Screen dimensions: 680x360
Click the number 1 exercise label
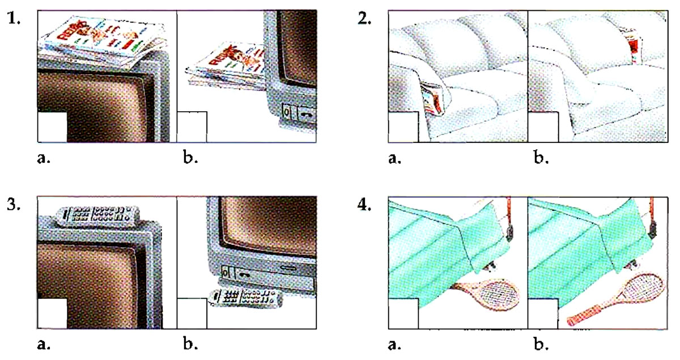pos(14,19)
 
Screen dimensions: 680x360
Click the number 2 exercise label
pos(364,19)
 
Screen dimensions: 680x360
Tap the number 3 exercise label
pos(14,205)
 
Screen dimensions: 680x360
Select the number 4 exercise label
pos(364,205)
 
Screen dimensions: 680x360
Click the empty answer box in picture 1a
pos(52,127)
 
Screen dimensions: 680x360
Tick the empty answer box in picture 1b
pos(192,127)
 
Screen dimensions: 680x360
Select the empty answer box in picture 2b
pos(543,127)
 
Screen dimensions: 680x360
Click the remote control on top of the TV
pos(97,217)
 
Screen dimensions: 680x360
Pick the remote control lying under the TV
pos(246,298)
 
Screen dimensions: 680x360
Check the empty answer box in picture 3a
pos(52,314)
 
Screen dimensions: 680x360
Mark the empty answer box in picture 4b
pos(543,314)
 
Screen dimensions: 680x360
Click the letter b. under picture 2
pos(541,158)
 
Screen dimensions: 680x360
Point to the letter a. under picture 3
pos(44,344)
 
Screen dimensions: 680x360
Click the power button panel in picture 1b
pos(299,113)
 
